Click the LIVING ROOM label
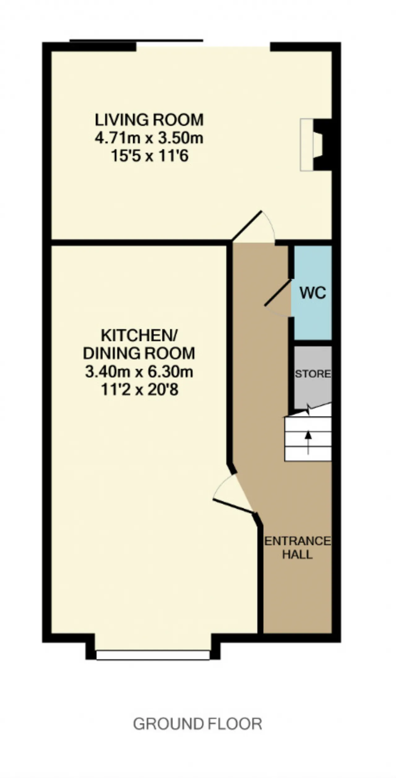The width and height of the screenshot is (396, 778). coord(149,120)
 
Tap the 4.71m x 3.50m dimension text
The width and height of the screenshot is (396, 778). coord(149,138)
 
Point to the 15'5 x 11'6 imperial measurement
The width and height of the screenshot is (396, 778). coord(150,156)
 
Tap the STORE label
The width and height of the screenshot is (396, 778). coord(313,374)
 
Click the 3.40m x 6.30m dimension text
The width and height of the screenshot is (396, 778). coord(139,372)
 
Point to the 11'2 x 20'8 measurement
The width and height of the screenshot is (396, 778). coord(140,390)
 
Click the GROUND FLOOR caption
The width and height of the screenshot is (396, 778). coord(198,724)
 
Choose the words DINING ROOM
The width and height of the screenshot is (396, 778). coord(139,353)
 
